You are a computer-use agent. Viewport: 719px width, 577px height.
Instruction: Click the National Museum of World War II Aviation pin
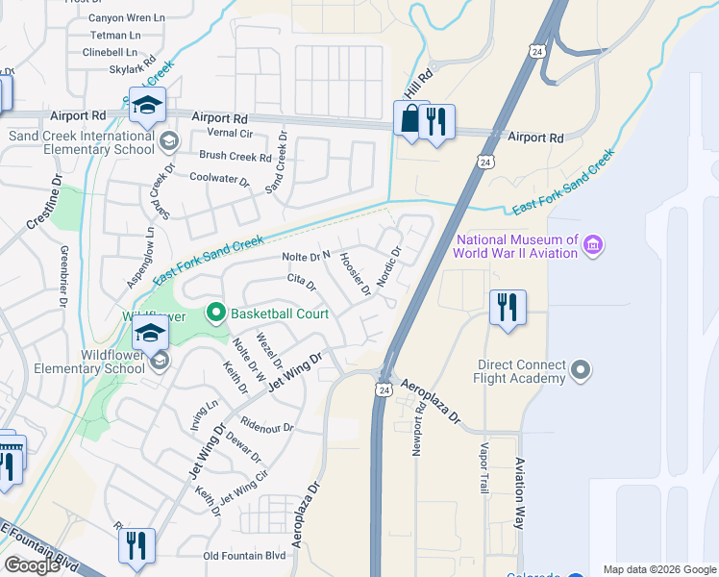point(593,246)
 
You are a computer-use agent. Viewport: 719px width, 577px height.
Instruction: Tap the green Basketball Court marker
point(216,313)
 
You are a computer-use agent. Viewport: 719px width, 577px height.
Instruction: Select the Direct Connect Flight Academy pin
point(580,370)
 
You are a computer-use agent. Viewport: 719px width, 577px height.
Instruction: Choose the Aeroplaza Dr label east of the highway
point(432,402)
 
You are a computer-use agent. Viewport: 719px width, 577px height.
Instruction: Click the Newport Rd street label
point(419,437)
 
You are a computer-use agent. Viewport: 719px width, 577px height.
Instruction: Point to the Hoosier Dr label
point(356,276)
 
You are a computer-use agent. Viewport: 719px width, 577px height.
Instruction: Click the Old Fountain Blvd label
point(245,555)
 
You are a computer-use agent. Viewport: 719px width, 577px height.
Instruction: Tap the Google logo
point(32,565)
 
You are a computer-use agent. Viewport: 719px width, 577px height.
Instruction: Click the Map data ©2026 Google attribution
point(659,569)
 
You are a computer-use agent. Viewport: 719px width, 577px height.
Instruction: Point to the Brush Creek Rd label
point(236,156)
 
